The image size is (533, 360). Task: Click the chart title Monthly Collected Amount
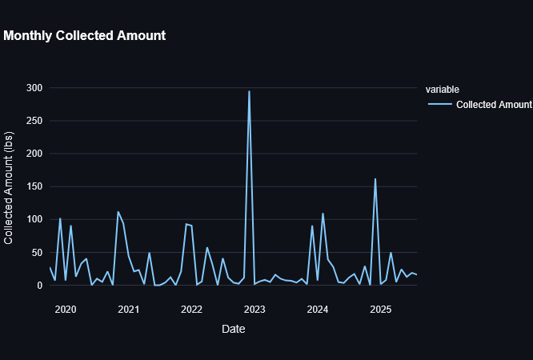click(x=85, y=36)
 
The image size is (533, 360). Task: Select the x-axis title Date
click(x=233, y=329)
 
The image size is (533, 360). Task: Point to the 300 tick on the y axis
click(x=35, y=87)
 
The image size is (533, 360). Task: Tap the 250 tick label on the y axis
click(x=35, y=120)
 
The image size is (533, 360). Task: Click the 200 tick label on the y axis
click(x=35, y=153)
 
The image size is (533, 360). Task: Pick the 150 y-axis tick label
click(x=35, y=186)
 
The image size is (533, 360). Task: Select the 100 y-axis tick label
click(x=35, y=219)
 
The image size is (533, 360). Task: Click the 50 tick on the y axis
click(x=38, y=252)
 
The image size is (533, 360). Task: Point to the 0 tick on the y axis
click(x=40, y=285)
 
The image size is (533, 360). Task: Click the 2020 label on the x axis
click(x=65, y=310)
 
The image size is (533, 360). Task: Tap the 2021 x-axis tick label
click(x=128, y=310)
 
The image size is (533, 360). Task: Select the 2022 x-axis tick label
click(x=191, y=310)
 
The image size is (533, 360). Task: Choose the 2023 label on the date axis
click(x=254, y=310)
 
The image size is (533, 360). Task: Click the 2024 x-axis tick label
click(x=318, y=310)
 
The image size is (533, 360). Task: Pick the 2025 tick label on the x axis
click(x=381, y=310)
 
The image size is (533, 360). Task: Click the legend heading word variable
click(x=442, y=89)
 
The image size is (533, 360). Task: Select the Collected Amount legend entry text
click(x=494, y=105)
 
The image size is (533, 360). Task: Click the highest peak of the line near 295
click(x=249, y=91)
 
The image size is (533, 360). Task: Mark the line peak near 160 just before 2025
click(x=375, y=179)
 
